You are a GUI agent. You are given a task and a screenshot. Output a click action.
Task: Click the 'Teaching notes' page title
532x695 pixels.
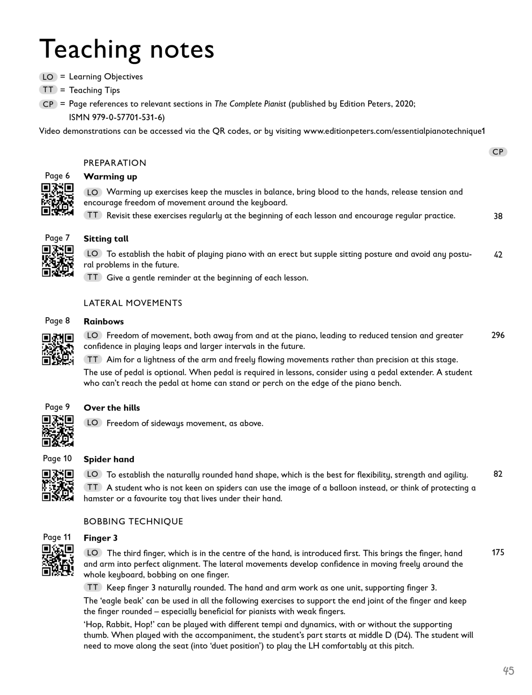point(126,49)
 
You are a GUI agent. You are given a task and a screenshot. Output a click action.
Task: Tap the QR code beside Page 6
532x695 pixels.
point(57,200)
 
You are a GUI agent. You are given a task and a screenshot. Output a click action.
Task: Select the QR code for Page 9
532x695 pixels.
point(57,431)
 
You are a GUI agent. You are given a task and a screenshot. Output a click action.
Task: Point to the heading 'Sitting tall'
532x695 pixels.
point(106,239)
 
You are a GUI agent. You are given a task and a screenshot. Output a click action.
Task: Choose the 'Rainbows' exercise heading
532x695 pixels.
point(104,321)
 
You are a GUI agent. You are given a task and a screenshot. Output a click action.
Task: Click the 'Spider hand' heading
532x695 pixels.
point(109,459)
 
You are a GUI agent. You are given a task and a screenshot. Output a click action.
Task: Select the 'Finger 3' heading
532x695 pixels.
point(100,538)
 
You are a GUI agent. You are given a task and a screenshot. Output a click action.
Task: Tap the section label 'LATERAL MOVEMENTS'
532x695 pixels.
point(133,303)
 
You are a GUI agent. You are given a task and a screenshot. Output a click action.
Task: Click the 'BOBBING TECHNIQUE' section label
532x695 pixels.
point(133,521)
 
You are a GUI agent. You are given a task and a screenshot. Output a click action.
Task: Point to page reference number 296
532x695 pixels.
point(498,335)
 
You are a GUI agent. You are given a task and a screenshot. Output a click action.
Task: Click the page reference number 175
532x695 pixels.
point(498,553)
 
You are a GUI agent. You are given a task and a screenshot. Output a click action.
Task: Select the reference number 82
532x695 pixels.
point(498,474)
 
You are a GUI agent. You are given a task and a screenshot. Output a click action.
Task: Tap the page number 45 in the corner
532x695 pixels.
point(509,671)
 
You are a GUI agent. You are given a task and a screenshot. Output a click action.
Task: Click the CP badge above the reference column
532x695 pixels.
point(498,152)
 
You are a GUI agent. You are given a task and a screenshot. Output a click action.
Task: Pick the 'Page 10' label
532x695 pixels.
point(57,459)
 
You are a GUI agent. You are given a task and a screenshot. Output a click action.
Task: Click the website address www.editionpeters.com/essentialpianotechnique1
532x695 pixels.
point(394,131)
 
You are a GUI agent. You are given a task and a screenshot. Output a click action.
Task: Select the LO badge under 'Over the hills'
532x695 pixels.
point(92,423)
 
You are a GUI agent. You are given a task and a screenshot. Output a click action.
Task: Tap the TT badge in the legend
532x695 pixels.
point(48,90)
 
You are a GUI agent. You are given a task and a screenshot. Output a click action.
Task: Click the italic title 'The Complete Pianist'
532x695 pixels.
point(250,104)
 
